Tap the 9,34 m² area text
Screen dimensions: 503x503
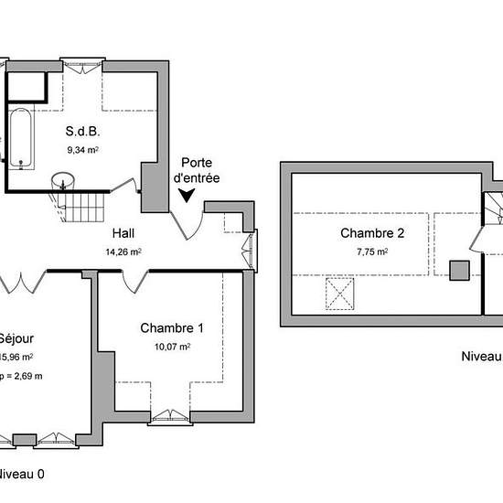[82, 150]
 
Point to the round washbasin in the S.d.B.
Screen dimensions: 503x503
[61, 179]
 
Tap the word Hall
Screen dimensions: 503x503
[123, 233]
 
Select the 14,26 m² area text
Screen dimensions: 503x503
[123, 251]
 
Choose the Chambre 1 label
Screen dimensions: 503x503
[172, 328]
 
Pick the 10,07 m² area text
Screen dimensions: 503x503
[172, 347]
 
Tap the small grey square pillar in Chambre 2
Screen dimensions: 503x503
[459, 269]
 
